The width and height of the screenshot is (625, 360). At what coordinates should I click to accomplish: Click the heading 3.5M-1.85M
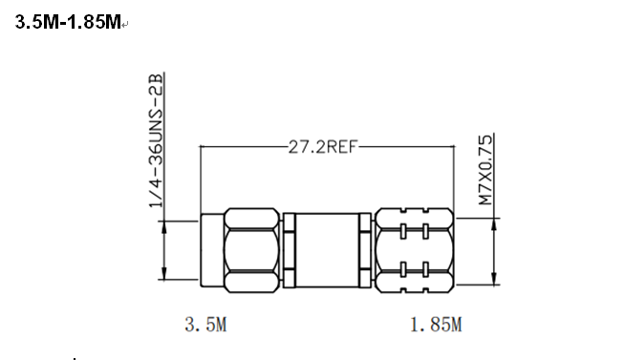(x=68, y=22)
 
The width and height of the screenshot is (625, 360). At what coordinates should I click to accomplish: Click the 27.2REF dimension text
(x=322, y=147)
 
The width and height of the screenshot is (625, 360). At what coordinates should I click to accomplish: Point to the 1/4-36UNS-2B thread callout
(x=156, y=140)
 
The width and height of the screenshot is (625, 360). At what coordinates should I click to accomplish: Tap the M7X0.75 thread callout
(x=485, y=170)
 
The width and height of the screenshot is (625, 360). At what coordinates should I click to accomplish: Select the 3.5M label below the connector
(x=205, y=324)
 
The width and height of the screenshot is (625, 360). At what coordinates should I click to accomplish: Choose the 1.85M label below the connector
(x=436, y=325)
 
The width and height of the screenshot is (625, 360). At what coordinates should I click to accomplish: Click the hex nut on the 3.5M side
(x=251, y=250)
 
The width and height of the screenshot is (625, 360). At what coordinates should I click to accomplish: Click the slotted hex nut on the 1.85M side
(x=415, y=250)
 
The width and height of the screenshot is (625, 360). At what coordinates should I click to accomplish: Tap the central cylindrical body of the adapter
(x=327, y=250)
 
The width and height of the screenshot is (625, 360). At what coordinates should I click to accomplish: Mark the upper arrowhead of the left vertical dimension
(x=164, y=226)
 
